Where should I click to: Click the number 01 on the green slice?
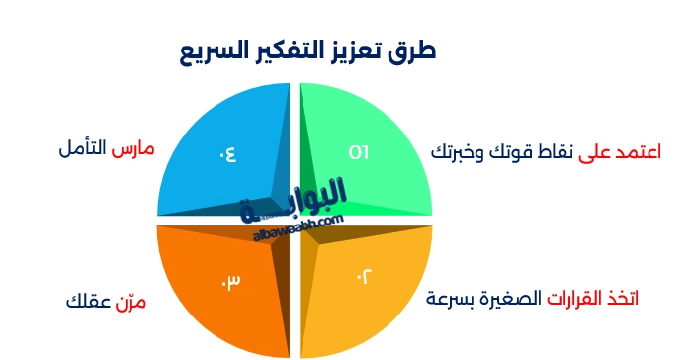tap(359, 151)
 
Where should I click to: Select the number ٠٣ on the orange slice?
tap(230, 281)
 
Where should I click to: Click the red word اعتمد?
tap(633, 152)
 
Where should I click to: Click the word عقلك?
tap(86, 300)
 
